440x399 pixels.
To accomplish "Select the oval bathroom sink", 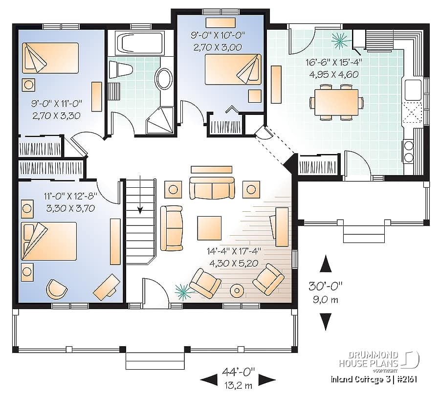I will tap(164, 78).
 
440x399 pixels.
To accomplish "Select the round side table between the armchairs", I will tap(237, 290).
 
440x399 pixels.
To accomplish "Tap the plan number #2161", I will tap(405, 379).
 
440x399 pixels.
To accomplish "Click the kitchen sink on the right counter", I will tap(412, 89).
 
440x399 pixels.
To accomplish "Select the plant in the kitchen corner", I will tap(338, 39).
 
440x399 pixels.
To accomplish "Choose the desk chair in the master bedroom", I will tap(56, 289).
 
